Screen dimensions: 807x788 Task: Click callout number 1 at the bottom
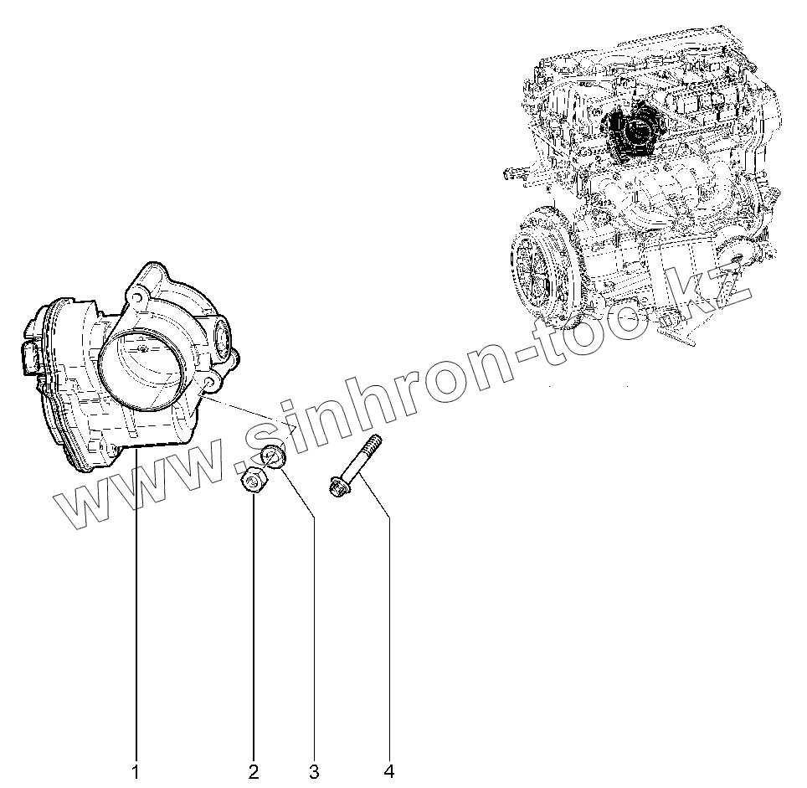[x=136, y=770]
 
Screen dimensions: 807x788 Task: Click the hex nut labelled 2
[x=253, y=483]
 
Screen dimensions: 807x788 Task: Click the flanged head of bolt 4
[x=339, y=486]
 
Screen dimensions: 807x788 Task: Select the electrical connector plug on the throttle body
[x=29, y=358]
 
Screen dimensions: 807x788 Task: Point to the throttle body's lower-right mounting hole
[x=207, y=384]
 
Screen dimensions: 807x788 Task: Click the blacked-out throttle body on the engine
[x=634, y=131]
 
